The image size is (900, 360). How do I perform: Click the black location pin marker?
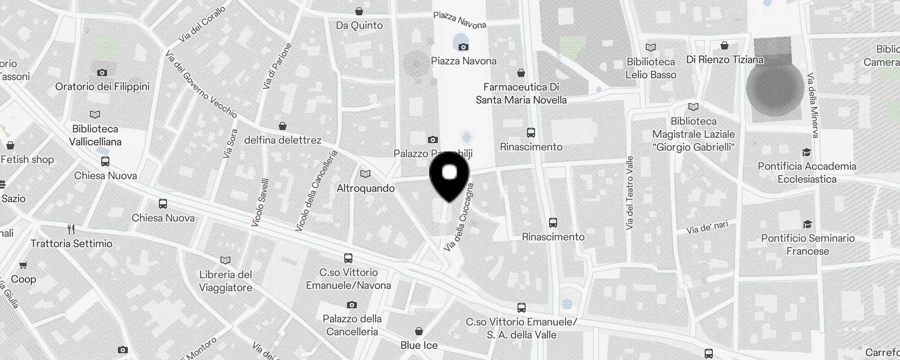click(449, 176)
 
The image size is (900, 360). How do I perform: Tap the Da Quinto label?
click(359, 26)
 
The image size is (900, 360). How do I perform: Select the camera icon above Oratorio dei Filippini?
click(102, 72)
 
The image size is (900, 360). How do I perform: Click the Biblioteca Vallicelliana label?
click(95, 135)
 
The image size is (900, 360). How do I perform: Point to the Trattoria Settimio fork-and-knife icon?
click(71, 229)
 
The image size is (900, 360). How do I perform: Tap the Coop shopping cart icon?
click(23, 265)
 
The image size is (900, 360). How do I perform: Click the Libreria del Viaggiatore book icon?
click(225, 260)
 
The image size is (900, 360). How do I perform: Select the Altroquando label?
click(365, 188)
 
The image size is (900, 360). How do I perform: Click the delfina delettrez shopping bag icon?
click(283, 126)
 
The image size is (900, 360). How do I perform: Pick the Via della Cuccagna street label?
click(459, 217)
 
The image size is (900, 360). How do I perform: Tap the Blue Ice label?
click(419, 345)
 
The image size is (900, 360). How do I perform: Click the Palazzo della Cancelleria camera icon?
click(352, 305)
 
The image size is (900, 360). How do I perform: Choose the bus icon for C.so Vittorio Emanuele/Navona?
click(348, 258)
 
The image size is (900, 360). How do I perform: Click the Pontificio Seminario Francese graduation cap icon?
click(807, 224)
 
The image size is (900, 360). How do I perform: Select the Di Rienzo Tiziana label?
click(724, 59)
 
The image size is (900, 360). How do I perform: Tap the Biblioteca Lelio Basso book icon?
click(651, 47)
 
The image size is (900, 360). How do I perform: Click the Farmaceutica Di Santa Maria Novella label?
click(521, 93)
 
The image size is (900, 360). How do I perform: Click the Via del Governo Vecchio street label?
click(201, 84)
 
